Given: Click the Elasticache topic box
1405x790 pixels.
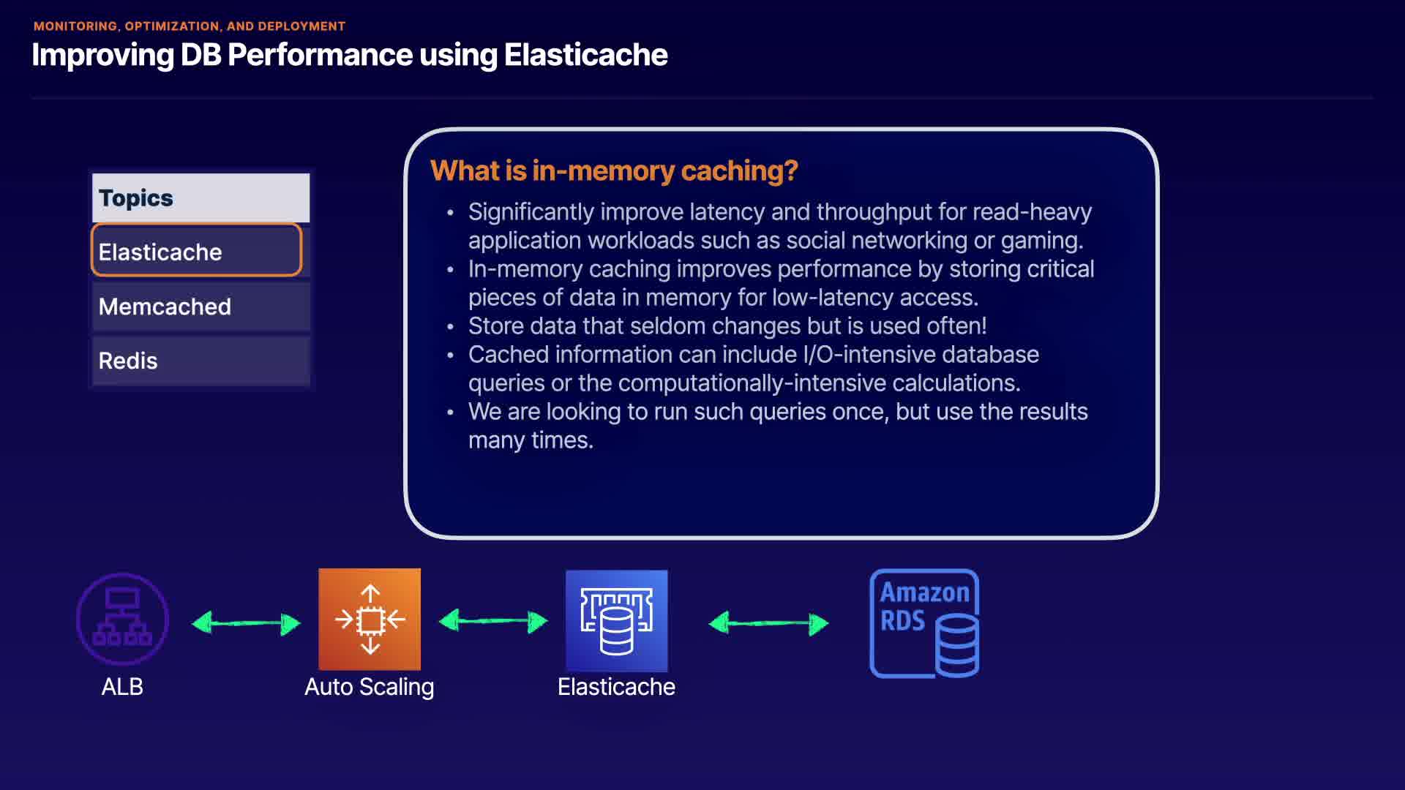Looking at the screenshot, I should point(196,251).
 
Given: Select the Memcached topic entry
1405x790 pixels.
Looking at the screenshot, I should point(201,306).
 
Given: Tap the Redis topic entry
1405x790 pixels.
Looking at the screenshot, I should point(201,361).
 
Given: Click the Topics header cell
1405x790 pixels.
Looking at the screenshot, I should point(201,197).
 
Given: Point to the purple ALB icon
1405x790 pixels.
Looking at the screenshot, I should point(122,619).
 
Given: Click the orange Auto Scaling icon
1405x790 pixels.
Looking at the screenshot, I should point(370,619).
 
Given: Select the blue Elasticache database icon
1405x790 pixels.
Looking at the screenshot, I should point(616,620).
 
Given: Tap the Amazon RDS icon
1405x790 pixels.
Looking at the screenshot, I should point(924,623).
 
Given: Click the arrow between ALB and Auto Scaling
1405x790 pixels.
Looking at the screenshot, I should point(246,623).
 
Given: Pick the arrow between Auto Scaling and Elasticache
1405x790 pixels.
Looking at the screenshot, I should point(493,621).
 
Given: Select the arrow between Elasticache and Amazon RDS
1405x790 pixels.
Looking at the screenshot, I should point(768,623).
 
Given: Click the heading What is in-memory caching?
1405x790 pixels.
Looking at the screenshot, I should point(613,170).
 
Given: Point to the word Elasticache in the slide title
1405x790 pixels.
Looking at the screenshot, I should point(585,55).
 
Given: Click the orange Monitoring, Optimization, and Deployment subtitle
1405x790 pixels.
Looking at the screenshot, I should point(189,26).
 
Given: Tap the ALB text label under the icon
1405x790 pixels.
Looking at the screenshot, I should point(122,687).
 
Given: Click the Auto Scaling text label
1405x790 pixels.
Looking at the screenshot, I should point(369,687).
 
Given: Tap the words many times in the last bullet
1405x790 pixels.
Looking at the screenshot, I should point(530,440).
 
